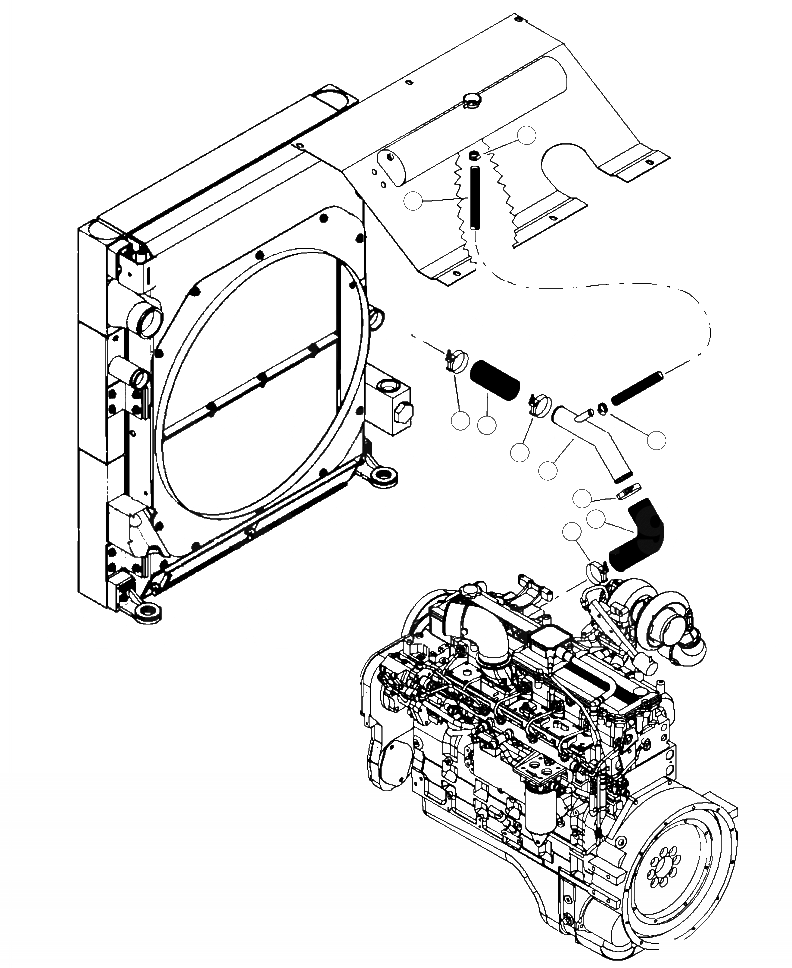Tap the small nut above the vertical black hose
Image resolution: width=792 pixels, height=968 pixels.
click(x=473, y=156)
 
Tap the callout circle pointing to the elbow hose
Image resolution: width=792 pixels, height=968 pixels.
click(x=598, y=519)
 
